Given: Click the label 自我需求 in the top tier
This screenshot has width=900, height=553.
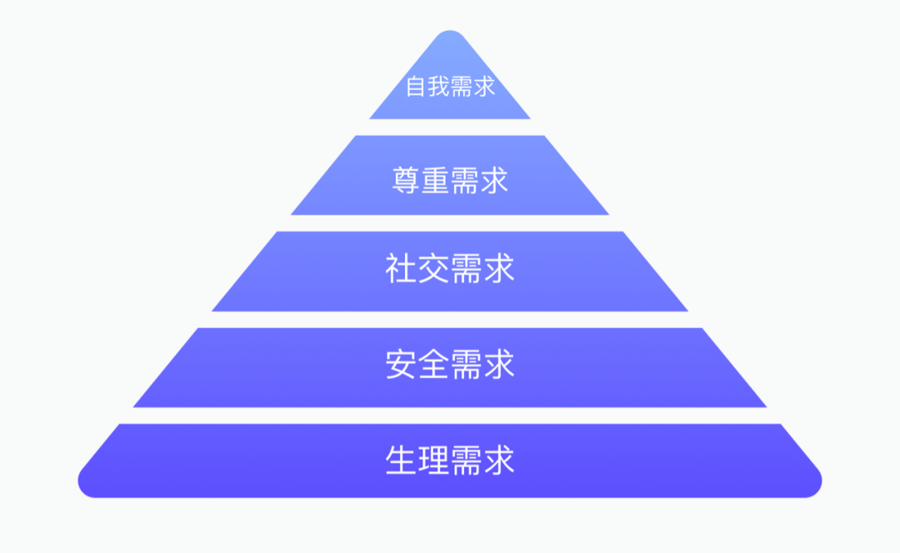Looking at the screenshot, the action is pyautogui.click(x=450, y=87).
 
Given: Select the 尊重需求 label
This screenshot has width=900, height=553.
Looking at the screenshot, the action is pyautogui.click(x=450, y=180).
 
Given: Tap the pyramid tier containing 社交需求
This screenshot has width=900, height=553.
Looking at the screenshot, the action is pyautogui.click(x=450, y=272).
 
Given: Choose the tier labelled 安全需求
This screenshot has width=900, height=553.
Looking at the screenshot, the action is pyautogui.click(x=450, y=368).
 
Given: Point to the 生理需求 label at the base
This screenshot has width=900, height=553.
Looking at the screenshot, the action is pyautogui.click(x=450, y=460).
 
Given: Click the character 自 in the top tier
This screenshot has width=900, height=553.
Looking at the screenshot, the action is pyautogui.click(x=416, y=87).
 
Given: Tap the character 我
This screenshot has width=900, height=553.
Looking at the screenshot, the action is pyautogui.click(x=438, y=87).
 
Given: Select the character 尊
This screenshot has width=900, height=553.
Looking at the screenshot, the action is pyautogui.click(x=406, y=180).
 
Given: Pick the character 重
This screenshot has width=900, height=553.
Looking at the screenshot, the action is pyautogui.click(x=435, y=180).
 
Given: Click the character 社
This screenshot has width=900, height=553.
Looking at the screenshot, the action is pyautogui.click(x=401, y=268).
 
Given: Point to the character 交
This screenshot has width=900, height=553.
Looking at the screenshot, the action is pyautogui.click(x=433, y=268).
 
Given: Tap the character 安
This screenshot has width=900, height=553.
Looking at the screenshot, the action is pyautogui.click(x=401, y=364).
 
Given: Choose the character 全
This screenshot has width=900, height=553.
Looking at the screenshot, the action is pyautogui.click(x=433, y=364).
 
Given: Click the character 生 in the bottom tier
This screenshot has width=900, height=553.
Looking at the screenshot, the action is pyautogui.click(x=401, y=460).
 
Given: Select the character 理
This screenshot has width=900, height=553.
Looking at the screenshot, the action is pyautogui.click(x=433, y=460).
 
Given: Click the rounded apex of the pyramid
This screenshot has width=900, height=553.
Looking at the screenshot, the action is pyautogui.click(x=450, y=32).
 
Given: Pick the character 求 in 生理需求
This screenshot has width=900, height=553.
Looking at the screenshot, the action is pyautogui.click(x=499, y=460).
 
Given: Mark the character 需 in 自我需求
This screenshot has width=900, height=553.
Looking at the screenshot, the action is pyautogui.click(x=462, y=87).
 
